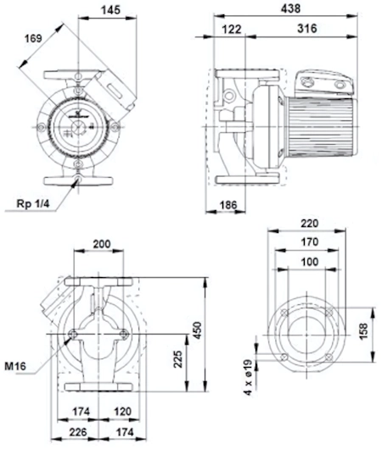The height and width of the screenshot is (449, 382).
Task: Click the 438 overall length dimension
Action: tap(290, 8)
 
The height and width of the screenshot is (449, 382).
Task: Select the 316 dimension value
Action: tap(306, 29)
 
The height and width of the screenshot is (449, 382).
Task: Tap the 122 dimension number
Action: tap(232, 29)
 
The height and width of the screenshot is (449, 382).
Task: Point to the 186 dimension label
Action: tap(228, 205)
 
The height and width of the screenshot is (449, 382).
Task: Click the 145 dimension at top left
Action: tap(110, 10)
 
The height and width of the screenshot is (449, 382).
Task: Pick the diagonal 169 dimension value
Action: tap(34, 38)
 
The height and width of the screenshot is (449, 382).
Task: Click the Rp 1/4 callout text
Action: tap(33, 203)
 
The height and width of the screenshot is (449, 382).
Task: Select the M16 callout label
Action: tap(15, 366)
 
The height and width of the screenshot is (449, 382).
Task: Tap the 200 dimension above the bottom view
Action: tap(102, 244)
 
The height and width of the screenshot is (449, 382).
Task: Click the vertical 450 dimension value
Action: tap(197, 330)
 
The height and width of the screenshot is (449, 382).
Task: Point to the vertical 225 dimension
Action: tap(178, 359)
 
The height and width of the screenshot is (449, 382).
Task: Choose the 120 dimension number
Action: tap(123, 412)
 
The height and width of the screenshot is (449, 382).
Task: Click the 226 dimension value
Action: tap(78, 432)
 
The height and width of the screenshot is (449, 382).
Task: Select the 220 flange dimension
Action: tap(310, 224)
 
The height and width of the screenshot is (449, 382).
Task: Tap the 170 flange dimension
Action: tap(310, 242)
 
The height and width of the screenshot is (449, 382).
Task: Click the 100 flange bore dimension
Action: tap(310, 262)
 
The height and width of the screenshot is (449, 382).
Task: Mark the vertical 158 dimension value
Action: tap(363, 331)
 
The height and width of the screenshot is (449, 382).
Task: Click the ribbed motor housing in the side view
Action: tap(320, 127)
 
